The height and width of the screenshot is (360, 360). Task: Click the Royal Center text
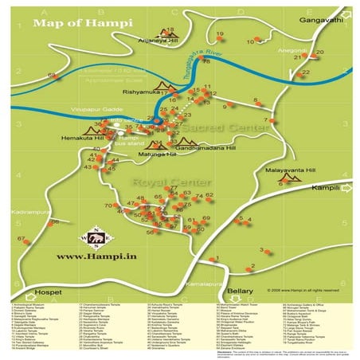click(158, 182)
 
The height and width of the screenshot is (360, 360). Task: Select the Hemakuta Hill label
click(83, 138)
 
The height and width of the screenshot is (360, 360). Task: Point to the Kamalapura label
click(202, 283)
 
